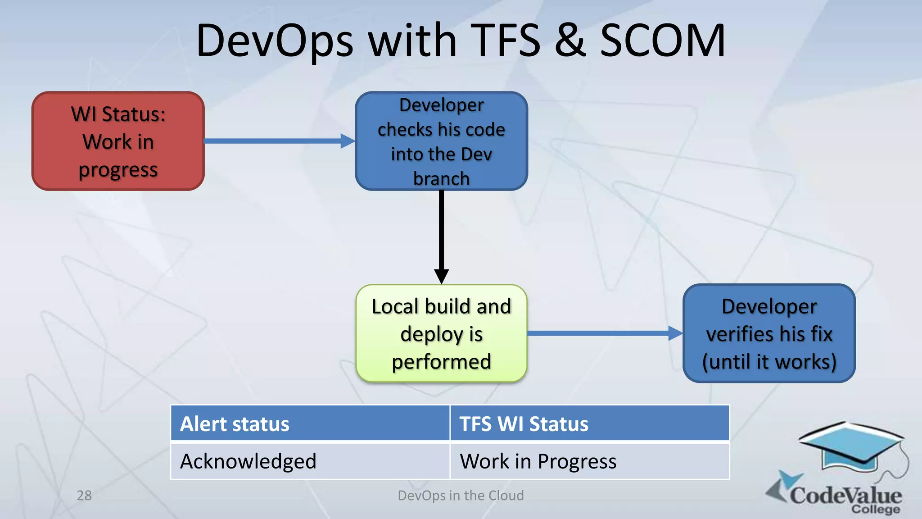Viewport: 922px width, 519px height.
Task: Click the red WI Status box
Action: click(118, 141)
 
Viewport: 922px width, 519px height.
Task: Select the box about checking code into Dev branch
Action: click(441, 141)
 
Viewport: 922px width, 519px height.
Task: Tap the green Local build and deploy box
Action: click(441, 333)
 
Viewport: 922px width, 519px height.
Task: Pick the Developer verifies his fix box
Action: click(769, 333)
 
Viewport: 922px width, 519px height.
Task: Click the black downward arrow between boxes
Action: click(441, 234)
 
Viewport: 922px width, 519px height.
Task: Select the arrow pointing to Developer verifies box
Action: click(603, 333)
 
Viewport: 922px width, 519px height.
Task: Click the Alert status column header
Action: click(310, 423)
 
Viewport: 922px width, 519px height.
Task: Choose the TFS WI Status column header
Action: click(589, 423)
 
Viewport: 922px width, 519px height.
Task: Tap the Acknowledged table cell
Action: click(310, 461)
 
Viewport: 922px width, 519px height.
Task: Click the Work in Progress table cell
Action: click(589, 461)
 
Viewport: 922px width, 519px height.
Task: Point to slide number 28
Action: click(84, 496)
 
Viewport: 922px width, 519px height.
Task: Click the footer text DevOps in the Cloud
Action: click(461, 496)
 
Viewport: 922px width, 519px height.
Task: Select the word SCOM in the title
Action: click(663, 41)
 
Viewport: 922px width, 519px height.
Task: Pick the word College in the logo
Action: click(876, 510)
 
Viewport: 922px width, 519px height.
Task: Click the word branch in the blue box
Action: click(441, 179)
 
